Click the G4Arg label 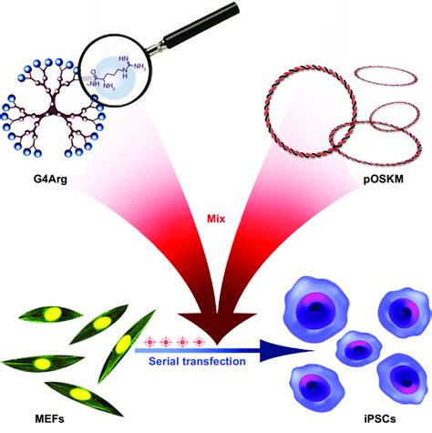(46, 191)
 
